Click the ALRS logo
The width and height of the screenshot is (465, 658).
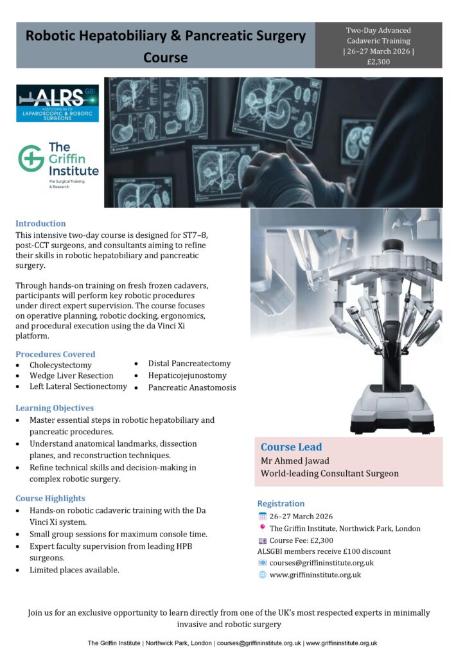(x=57, y=103)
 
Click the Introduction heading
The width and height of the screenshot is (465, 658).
(x=40, y=224)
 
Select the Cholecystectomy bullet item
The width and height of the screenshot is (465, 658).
(x=60, y=365)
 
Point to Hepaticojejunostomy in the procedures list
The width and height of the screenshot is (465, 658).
(x=187, y=375)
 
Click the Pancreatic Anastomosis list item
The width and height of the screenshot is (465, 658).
(x=192, y=387)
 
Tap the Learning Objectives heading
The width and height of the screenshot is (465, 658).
(x=55, y=408)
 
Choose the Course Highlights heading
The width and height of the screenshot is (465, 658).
(x=50, y=498)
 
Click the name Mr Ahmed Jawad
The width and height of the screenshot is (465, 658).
(x=295, y=461)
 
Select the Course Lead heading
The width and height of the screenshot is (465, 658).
(x=292, y=447)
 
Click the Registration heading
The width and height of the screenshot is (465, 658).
(x=281, y=503)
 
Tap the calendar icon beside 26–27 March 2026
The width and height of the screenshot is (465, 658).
(x=262, y=516)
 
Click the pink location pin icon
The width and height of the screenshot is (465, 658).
(x=262, y=528)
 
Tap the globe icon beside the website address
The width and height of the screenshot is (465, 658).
(x=262, y=574)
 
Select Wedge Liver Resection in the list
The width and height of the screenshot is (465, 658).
(x=71, y=375)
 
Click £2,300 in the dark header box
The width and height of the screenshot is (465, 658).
(x=378, y=62)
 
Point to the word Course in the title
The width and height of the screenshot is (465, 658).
(x=166, y=57)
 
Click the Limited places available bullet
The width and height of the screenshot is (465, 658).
(x=74, y=569)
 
